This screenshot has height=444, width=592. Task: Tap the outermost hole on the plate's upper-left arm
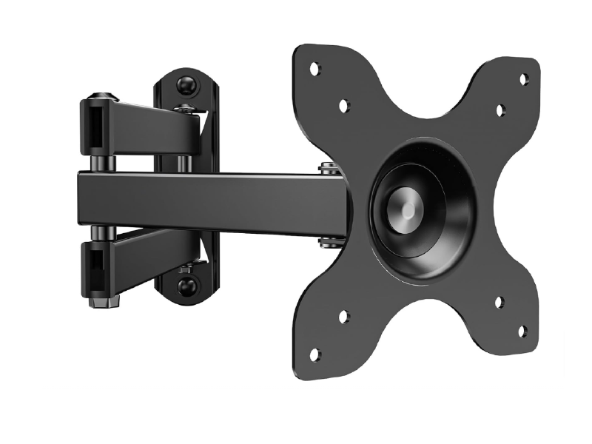(314, 68)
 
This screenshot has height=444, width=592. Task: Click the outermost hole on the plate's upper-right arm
(523, 77)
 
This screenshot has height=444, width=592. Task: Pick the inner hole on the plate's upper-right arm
(500, 110)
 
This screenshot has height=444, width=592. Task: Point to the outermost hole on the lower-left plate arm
(314, 354)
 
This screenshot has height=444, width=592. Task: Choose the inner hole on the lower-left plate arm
(343, 316)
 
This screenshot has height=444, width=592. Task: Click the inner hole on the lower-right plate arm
(499, 302)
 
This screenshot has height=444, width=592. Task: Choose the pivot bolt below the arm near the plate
(326, 241)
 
